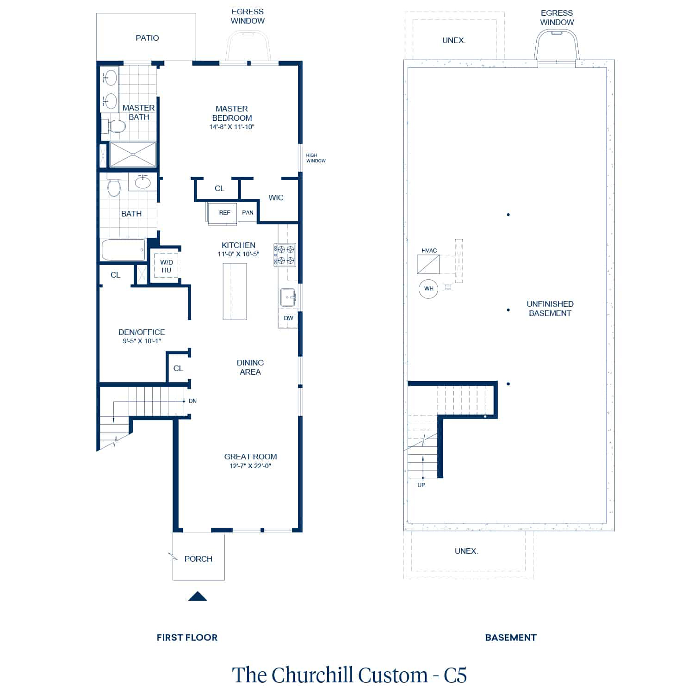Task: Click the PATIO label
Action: [x=147, y=38]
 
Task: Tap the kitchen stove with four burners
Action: [x=285, y=255]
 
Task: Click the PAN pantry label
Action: [x=248, y=213]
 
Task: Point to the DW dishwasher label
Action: [x=288, y=318]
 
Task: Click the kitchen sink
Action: [x=288, y=297]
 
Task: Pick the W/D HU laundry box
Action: [x=166, y=266]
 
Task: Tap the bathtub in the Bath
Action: [x=123, y=250]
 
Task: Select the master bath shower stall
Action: [x=133, y=155]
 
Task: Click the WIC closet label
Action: [x=276, y=198]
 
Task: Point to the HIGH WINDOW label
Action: [x=316, y=158]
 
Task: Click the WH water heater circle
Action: [x=428, y=289]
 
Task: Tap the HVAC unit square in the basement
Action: [x=428, y=264]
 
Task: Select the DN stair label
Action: [x=192, y=401]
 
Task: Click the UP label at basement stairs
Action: [x=421, y=485]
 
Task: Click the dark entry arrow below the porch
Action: [x=198, y=596]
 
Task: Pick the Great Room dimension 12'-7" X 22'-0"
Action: [x=250, y=466]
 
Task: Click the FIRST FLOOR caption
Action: [x=187, y=637]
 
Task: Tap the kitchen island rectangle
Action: [x=235, y=291]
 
